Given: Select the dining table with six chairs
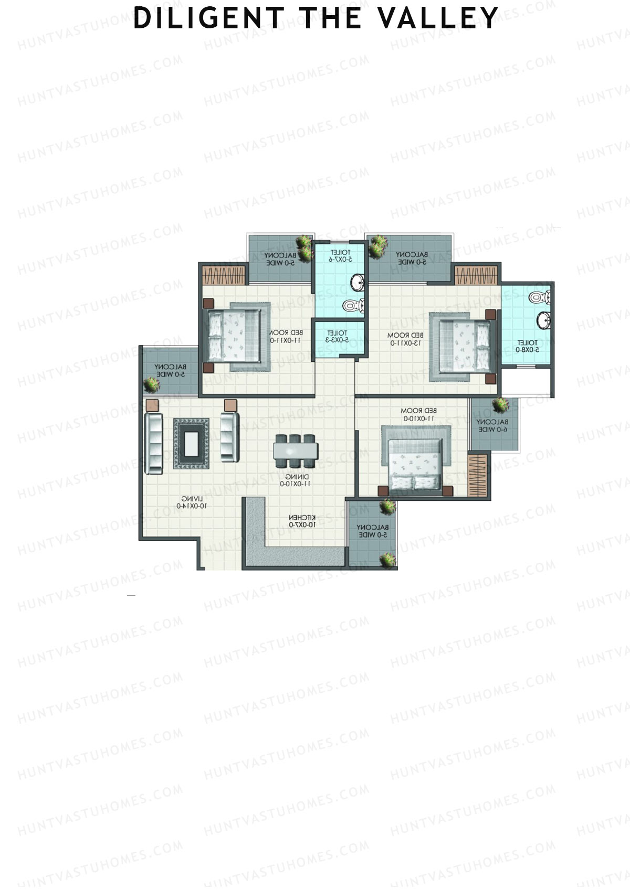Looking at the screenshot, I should tap(296, 451).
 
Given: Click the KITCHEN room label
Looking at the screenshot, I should tap(302, 521).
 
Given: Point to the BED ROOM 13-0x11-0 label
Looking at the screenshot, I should tap(405, 339).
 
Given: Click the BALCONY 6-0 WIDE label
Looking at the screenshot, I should tap(492, 425).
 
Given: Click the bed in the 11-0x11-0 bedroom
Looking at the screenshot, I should tap(235, 333).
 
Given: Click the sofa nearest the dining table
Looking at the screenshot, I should tap(229, 436).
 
